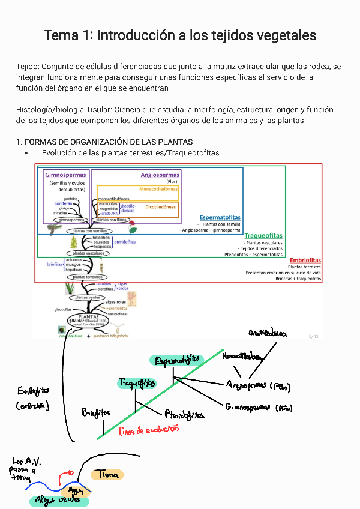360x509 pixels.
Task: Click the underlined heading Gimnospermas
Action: [65, 175]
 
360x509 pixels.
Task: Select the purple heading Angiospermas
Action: [160, 175]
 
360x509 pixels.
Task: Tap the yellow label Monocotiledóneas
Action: [158, 189]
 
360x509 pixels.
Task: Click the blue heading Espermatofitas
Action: [220, 217]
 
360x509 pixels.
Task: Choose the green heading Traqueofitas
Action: [263, 236]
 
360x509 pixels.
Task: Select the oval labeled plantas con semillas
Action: [89, 230]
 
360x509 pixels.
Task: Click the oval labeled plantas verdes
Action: [88, 297]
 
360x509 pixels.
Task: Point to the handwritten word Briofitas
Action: [96, 412]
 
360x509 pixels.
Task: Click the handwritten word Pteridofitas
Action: [184, 415]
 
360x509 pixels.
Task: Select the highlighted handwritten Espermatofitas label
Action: [178, 360]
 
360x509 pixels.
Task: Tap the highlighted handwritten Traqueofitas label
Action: [137, 382]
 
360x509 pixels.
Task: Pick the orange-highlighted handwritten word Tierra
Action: [107, 474]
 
